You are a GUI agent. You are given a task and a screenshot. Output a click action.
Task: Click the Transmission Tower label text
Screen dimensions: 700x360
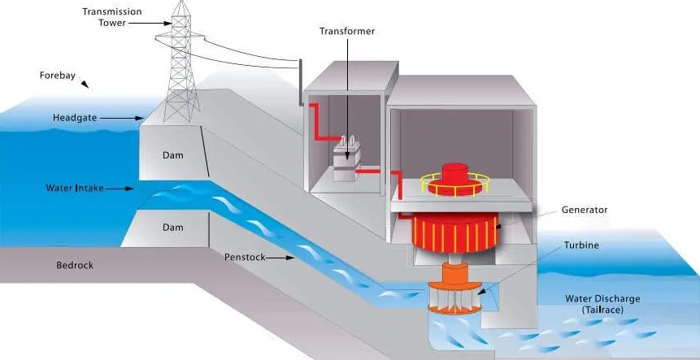(x=111, y=17)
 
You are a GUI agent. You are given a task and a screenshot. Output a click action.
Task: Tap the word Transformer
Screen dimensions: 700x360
(x=347, y=31)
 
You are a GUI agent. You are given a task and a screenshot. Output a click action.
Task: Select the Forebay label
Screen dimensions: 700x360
(x=57, y=76)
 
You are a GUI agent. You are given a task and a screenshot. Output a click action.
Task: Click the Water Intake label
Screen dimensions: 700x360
(x=75, y=189)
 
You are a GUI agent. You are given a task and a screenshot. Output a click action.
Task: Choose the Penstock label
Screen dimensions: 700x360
(x=245, y=258)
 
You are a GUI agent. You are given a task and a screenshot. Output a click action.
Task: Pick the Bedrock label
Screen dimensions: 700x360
(x=75, y=266)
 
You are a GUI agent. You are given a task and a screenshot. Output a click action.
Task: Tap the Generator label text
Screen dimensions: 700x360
(x=585, y=210)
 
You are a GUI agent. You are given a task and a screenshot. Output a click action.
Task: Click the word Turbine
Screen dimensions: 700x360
(x=581, y=245)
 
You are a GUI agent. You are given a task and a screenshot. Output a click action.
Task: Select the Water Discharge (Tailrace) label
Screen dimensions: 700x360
(x=602, y=304)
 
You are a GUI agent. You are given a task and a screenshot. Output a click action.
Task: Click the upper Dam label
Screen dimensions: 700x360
(x=173, y=156)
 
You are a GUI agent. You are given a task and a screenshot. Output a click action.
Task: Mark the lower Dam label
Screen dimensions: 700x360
(x=173, y=228)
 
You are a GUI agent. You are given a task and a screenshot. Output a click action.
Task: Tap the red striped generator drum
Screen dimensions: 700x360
(x=454, y=232)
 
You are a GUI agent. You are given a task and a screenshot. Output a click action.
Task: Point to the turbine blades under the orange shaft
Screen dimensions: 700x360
(x=455, y=298)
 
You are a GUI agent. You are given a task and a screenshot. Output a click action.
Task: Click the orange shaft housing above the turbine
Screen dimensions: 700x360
(x=455, y=272)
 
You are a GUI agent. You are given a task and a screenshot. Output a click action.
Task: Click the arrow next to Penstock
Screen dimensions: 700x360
(x=280, y=258)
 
